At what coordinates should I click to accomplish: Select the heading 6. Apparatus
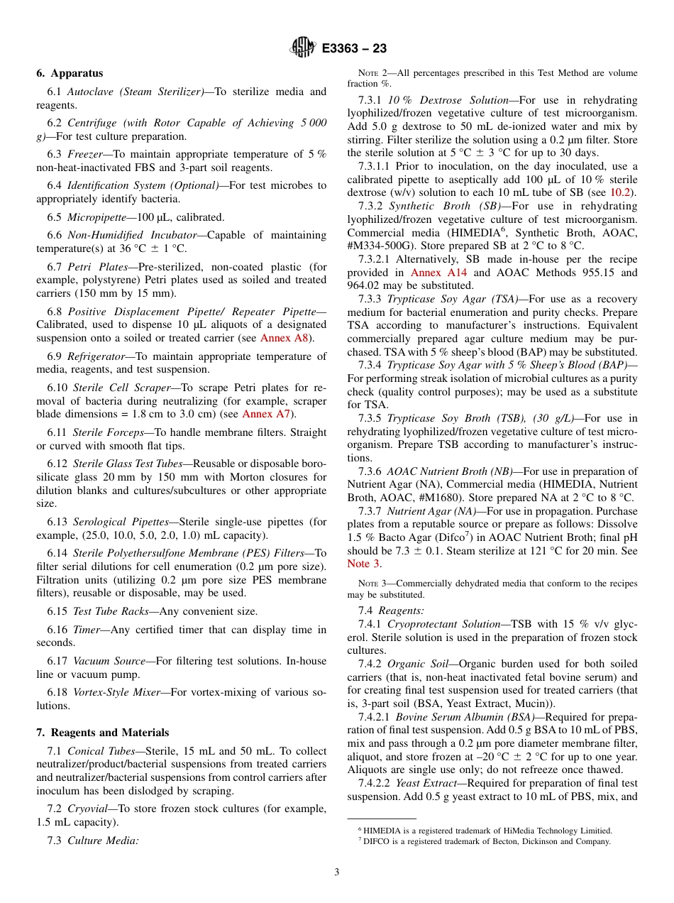coord(70,73)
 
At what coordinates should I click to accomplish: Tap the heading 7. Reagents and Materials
coord(103,733)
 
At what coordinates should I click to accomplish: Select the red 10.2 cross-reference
coord(624,192)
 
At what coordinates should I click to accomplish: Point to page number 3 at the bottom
coord(337,872)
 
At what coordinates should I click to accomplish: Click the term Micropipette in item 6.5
coord(98,217)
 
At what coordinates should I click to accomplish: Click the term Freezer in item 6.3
coord(87,154)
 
